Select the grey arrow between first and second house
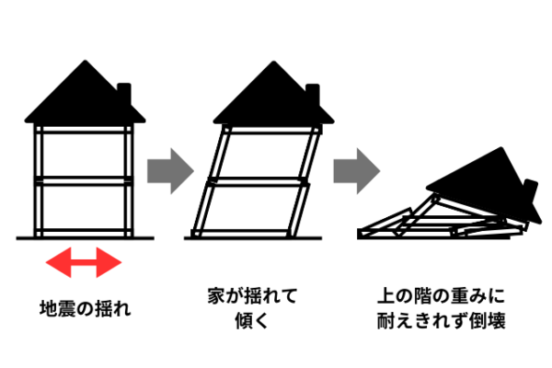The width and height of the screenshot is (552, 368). [172, 169]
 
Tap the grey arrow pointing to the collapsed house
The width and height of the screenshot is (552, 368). [357, 169]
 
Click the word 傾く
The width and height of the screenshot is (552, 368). [252, 322]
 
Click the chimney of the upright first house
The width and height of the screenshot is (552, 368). [127, 96]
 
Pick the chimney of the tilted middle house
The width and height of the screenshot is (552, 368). [312, 96]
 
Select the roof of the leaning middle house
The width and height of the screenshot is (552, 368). [267, 97]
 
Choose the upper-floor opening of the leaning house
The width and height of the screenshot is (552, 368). [261, 153]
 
